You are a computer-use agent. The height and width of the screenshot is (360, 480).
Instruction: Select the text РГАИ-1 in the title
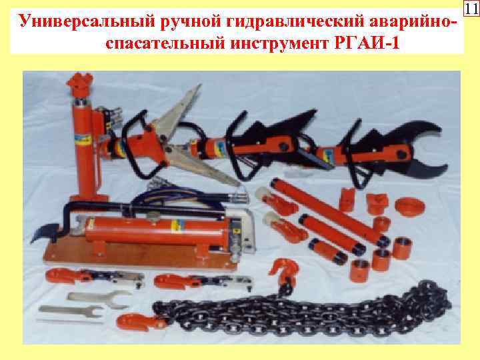(x=372, y=43)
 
